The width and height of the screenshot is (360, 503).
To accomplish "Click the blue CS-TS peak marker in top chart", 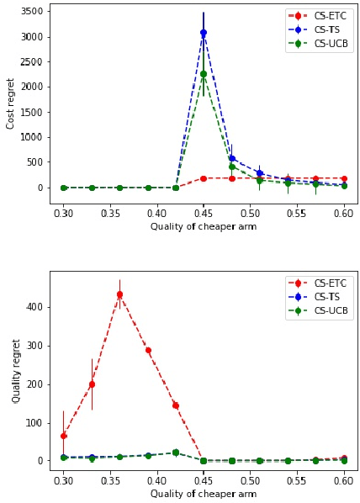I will pyautogui.click(x=204, y=33).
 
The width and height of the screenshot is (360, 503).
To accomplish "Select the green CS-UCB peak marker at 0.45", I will pyautogui.click(x=204, y=74).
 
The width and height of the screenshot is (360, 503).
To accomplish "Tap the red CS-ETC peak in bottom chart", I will pyautogui.click(x=119, y=294).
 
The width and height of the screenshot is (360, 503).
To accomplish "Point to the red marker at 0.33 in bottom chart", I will pyautogui.click(x=92, y=384).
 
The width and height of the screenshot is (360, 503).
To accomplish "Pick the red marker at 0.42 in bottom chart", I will pyautogui.click(x=176, y=405).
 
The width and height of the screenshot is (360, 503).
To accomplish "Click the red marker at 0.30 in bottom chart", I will pyautogui.click(x=63, y=436).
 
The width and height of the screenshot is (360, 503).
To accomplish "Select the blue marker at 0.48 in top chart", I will pyautogui.click(x=231, y=158).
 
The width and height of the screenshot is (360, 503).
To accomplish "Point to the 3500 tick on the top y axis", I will pyautogui.click(x=32, y=12).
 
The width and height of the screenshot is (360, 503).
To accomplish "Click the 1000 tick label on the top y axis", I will pyautogui.click(x=32, y=137).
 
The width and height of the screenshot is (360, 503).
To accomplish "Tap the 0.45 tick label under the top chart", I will pyautogui.click(x=204, y=214).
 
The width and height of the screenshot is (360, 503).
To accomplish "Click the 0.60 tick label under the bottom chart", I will pyautogui.click(x=343, y=481).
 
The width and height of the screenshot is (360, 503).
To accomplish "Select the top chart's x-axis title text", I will pyautogui.click(x=204, y=226).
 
